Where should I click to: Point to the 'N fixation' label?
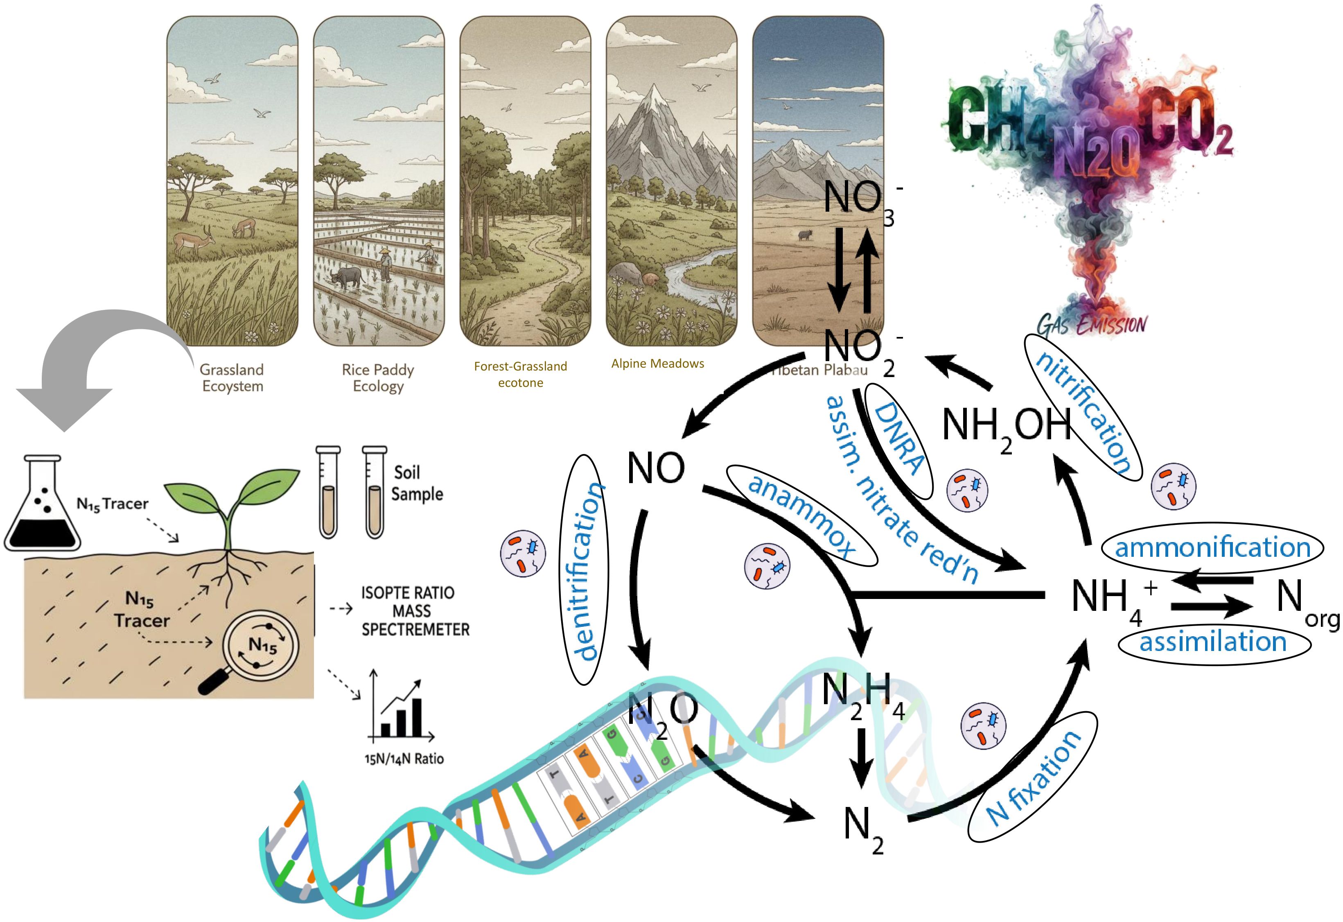pos(1032,777)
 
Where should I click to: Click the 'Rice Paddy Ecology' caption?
pos(378,377)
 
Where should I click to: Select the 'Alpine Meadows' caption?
pos(658,364)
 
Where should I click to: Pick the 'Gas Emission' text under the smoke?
pos(1091,324)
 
